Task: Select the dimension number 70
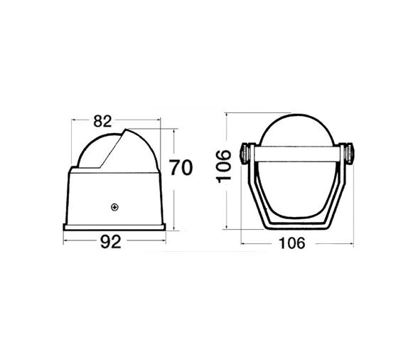pos(181,169)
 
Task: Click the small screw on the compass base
pos(114,207)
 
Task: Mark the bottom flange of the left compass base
pos(116,229)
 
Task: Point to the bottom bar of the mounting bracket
pos(298,227)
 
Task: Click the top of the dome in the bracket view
pos(298,116)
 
